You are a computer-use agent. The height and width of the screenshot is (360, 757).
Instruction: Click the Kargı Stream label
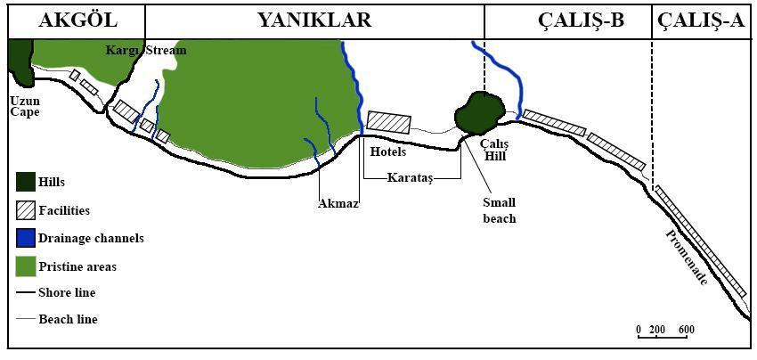[146, 51]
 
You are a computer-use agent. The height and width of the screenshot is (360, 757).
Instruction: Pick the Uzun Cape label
[25, 107]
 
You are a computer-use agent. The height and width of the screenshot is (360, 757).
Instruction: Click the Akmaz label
[338, 203]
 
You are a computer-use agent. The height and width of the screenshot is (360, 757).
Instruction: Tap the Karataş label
[410, 177]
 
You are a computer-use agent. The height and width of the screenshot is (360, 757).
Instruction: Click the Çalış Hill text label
[494, 150]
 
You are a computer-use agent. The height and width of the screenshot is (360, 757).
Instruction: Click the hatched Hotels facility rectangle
[390, 124]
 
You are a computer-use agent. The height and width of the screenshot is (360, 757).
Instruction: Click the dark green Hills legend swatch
[26, 184]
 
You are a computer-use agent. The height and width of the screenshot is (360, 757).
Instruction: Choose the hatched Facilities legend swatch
[26, 211]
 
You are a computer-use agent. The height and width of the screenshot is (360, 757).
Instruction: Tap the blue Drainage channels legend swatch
[26, 239]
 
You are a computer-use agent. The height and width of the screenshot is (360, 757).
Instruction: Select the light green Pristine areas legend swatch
[26, 266]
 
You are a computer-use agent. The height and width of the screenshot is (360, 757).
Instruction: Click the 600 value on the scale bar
[686, 331]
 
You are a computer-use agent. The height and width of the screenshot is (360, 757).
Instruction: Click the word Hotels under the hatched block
[388, 152]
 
